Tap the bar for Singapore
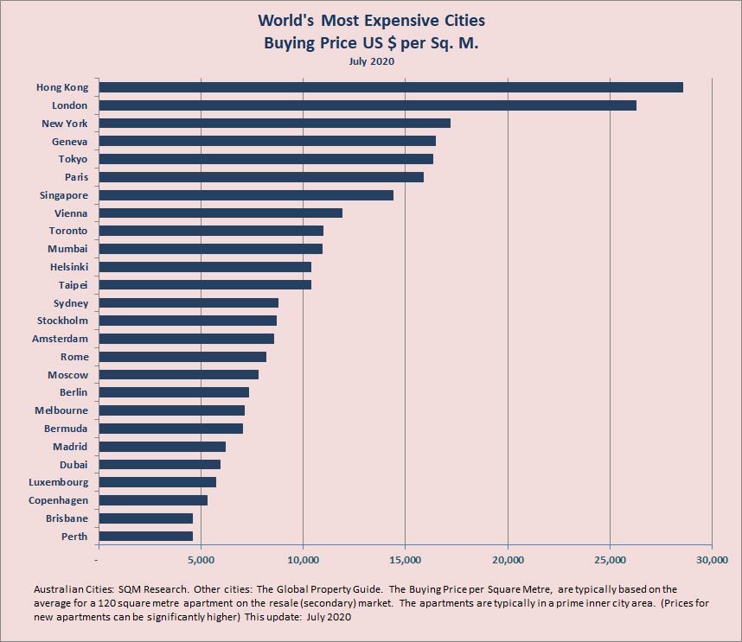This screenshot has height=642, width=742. (x=246, y=195)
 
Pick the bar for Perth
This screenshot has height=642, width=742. (x=146, y=537)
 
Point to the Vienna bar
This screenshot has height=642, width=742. (x=221, y=213)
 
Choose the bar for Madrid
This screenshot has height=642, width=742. (x=163, y=447)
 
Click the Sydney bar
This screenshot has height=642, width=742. (x=189, y=303)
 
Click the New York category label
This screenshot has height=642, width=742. (x=65, y=124)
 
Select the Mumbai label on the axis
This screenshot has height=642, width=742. (x=67, y=249)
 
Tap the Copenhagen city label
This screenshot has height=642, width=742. (x=58, y=500)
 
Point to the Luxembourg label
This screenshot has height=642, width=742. (x=58, y=482)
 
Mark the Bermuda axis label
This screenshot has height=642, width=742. (x=66, y=429)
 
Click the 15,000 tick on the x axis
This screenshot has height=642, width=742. (x=406, y=559)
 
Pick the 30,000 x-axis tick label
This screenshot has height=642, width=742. (x=712, y=559)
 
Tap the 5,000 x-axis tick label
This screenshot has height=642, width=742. (x=201, y=559)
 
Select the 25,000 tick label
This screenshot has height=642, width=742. (x=610, y=559)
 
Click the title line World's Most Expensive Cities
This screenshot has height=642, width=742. (x=371, y=21)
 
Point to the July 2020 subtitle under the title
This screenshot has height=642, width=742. (x=371, y=61)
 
